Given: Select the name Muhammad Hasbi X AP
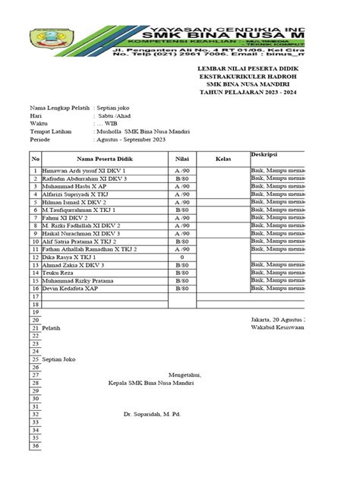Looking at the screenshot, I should [74, 187].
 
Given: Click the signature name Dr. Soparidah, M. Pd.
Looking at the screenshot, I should [153, 415].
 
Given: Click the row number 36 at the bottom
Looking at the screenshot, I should [35, 447].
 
